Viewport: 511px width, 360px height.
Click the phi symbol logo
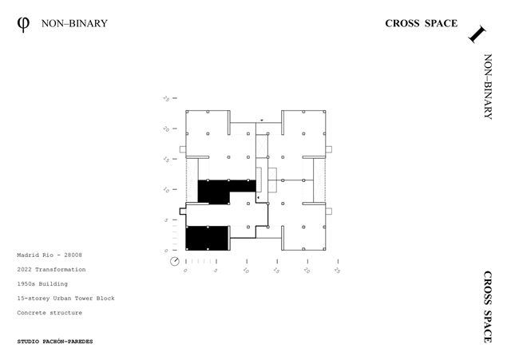23,25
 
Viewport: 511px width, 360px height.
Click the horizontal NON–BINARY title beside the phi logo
74,23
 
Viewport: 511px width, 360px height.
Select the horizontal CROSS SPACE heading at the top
421,23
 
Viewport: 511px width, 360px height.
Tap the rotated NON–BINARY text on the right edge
488,87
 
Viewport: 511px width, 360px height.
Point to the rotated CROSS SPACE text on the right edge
488,307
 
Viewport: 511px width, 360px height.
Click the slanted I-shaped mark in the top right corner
477,34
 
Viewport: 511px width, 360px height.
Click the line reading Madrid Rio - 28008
50,255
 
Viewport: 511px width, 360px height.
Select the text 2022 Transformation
51,270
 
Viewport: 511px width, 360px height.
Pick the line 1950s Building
42,283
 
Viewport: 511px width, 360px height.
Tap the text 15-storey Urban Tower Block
65,298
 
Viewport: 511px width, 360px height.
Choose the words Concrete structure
50,313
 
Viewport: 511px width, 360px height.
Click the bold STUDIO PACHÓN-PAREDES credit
55,342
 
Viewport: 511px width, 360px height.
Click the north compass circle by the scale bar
175,261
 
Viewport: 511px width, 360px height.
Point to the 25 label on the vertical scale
166,98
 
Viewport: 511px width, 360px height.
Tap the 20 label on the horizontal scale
307,271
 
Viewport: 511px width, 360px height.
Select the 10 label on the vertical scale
166,190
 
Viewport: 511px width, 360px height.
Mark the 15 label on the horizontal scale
276,271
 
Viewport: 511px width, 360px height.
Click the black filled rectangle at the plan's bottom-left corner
208,238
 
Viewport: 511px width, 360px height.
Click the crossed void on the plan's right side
319,180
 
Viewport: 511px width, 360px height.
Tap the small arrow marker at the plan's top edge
262,121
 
